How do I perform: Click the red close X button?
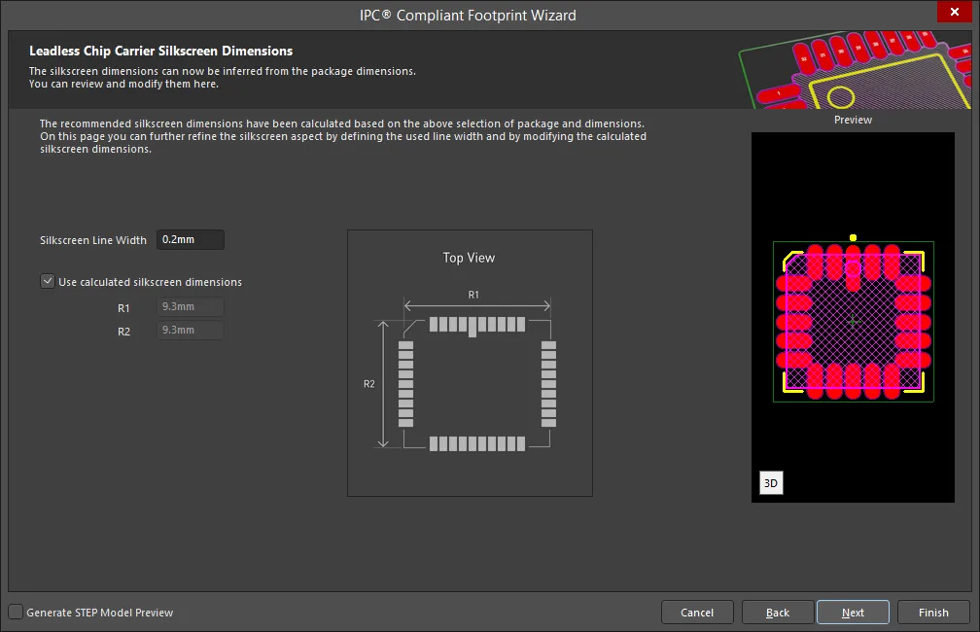(x=955, y=12)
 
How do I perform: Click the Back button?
(x=778, y=613)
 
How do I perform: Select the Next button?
(x=853, y=613)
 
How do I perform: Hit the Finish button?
(x=933, y=613)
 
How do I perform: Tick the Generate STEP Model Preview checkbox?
(x=16, y=612)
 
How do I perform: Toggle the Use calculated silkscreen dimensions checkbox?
(x=48, y=281)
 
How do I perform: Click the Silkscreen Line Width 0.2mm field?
(x=190, y=239)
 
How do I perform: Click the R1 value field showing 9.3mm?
(x=190, y=307)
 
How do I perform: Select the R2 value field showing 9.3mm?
(x=190, y=330)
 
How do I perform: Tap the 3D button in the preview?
(x=771, y=482)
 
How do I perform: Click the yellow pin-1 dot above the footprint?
(x=854, y=237)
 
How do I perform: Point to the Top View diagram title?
(x=469, y=258)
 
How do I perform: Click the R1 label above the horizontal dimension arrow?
(x=473, y=295)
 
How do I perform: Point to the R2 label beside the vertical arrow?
(x=369, y=384)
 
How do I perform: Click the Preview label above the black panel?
(x=853, y=120)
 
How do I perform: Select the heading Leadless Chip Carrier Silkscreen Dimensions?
(x=160, y=51)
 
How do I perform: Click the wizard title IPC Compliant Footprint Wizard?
(x=468, y=15)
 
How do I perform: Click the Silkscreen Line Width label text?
(x=93, y=240)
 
